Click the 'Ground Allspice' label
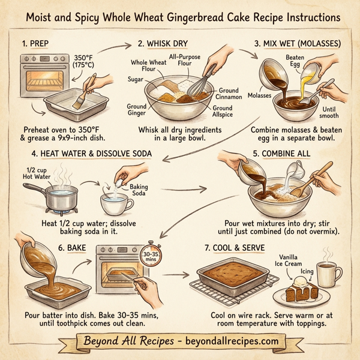coord(223,112)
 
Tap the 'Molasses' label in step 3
coord(259,95)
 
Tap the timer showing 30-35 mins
coord(150,257)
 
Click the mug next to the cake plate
coord(327,275)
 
